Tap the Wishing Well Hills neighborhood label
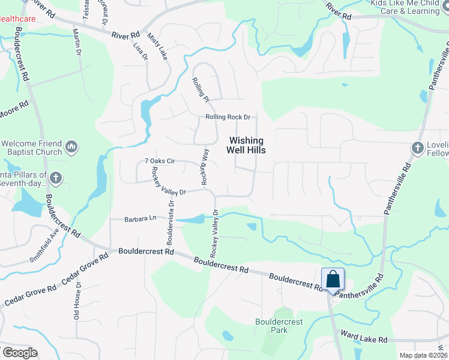246,145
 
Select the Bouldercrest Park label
279,326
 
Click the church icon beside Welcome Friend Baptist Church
71,146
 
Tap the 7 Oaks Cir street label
160,161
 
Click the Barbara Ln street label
140,219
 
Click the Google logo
20,352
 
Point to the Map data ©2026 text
423,355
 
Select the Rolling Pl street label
200,89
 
